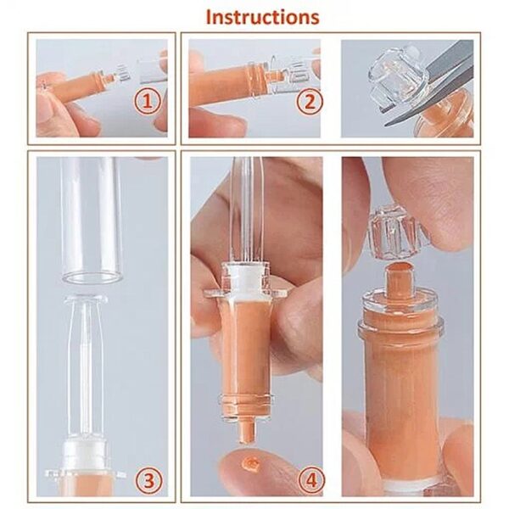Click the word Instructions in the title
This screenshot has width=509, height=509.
point(263,16)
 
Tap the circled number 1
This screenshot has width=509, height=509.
point(148,103)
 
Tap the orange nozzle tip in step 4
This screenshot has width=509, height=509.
point(245,428)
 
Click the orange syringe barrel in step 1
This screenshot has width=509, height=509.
point(81,85)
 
